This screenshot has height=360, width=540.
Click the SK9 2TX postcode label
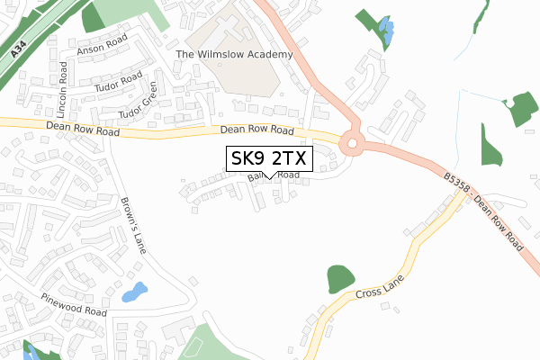[x=269, y=158]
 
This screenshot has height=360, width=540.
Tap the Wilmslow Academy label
[x=235, y=55]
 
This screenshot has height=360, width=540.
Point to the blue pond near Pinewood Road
[x=133, y=292]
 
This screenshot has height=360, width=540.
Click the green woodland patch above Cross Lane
[x=340, y=280]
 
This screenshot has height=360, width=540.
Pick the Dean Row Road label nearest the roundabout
[x=259, y=131]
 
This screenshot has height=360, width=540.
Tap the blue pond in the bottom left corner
[x=29, y=351]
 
